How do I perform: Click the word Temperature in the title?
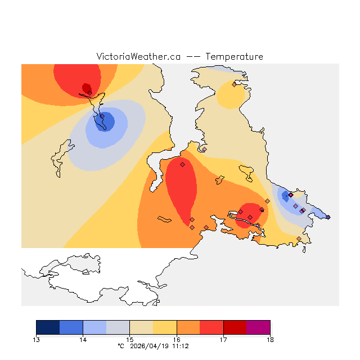pos(234,57)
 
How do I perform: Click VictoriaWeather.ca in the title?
pos(138,57)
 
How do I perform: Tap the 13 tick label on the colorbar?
pos(36,339)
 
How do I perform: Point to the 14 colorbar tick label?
pos(83,339)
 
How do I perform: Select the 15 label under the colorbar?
pos(129,339)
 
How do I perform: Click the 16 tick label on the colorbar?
pos(177,339)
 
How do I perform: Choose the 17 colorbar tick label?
pos(223,339)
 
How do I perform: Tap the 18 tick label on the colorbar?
pos(270,339)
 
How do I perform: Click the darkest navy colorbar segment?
pos(48,327)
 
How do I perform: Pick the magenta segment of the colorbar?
pos(258,327)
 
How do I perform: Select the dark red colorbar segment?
pos(235,327)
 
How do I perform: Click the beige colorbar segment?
pos(141,327)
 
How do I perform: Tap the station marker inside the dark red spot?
pos(89,93)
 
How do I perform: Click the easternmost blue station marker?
pos(328,217)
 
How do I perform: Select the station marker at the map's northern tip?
pos(234,84)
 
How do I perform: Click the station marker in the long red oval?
pos(182,165)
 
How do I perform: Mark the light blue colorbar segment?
pos(94,327)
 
